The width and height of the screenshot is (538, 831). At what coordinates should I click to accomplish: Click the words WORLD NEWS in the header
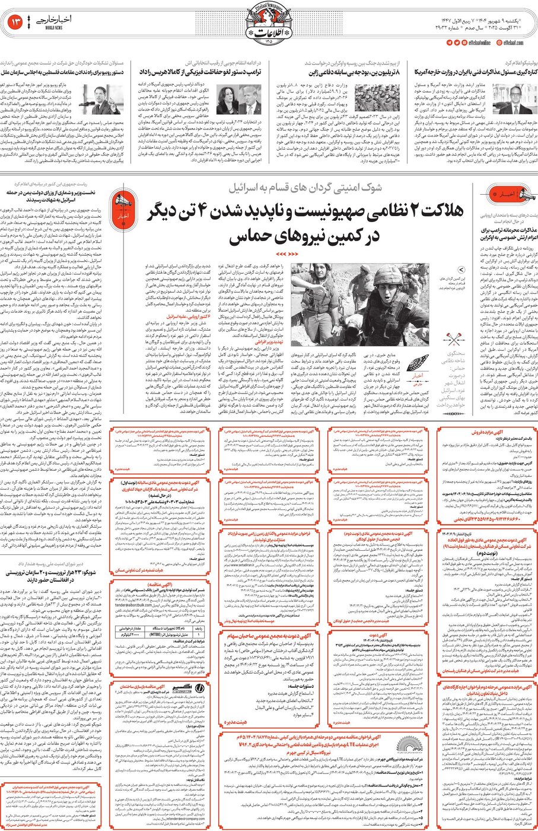[x=56, y=27]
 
